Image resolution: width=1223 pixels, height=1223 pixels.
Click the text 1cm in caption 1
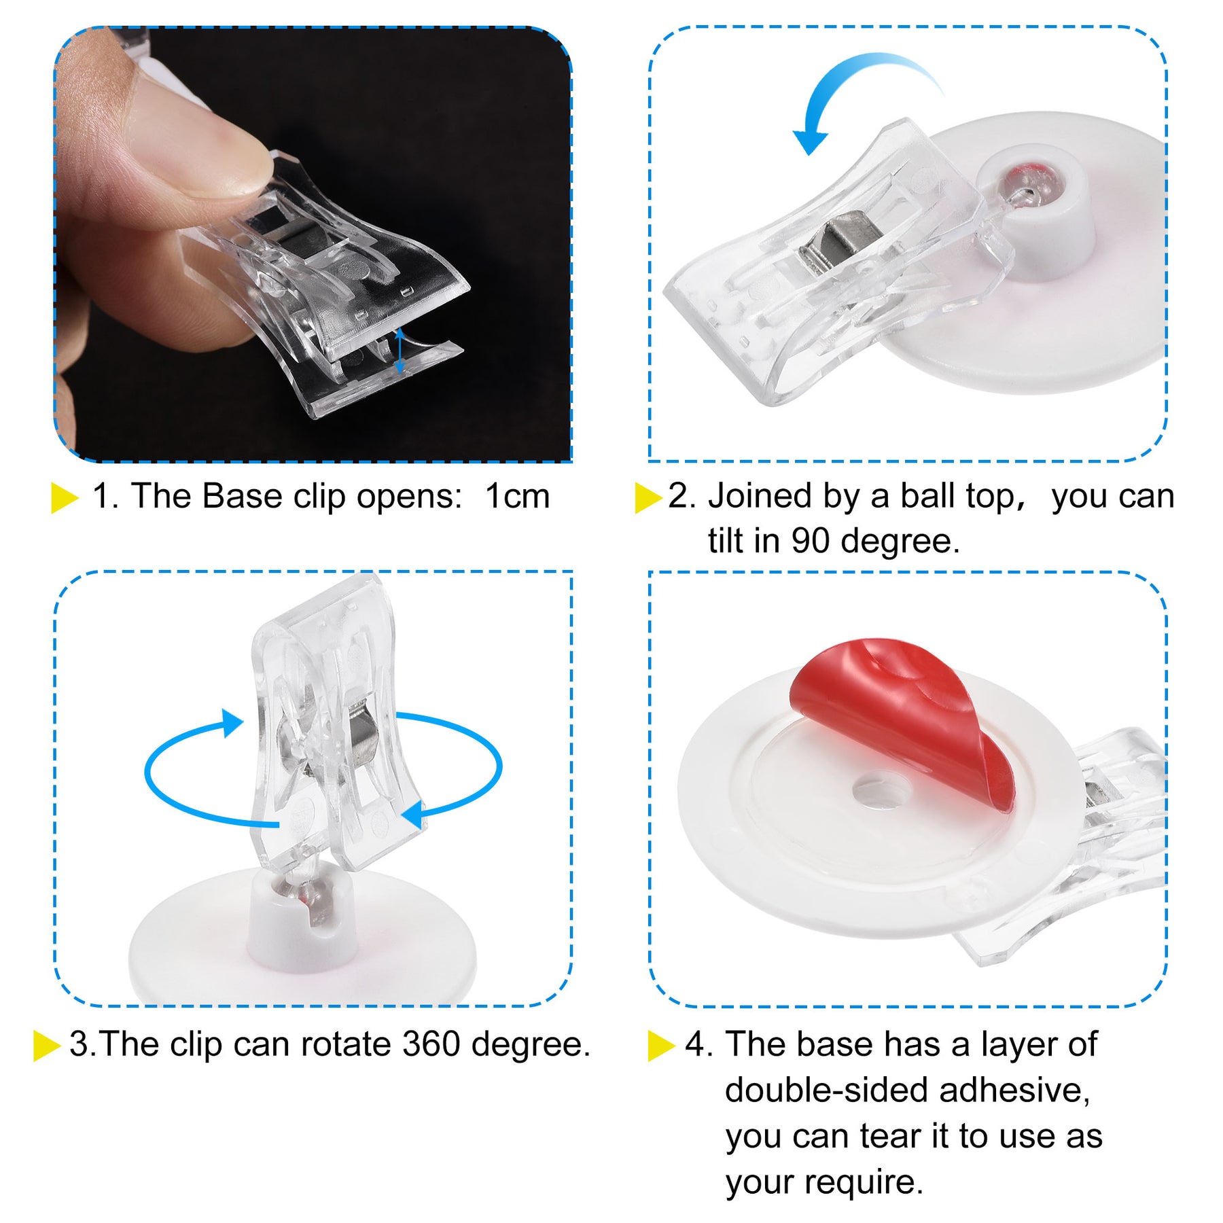pos(517,496)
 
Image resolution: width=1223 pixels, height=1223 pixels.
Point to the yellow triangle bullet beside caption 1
pos(65,497)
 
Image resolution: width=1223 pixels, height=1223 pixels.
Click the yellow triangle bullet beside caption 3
pos(47,1045)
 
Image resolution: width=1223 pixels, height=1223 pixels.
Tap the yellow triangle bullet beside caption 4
pos(661,1045)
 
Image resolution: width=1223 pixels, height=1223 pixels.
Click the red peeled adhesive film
pos(904,713)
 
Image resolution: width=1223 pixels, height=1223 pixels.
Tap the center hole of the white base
pos(883,790)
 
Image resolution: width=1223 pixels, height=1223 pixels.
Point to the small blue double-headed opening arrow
pos(400,350)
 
